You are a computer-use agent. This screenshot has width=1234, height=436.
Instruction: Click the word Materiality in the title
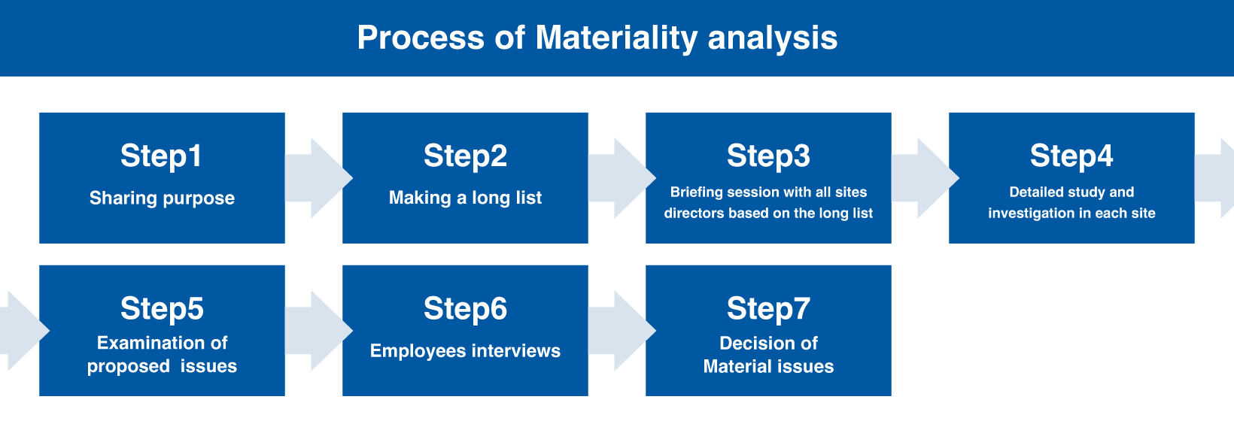(617, 38)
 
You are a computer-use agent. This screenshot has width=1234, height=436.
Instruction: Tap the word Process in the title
(421, 38)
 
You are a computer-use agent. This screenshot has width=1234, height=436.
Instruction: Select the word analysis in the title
(772, 38)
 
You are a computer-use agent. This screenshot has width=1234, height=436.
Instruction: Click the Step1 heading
(161, 156)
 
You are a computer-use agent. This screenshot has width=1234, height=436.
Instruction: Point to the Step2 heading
(465, 156)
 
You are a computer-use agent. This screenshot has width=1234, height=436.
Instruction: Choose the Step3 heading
(768, 156)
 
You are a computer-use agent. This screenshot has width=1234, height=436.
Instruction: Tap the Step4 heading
(1071, 156)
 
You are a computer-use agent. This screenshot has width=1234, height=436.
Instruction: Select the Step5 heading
(162, 308)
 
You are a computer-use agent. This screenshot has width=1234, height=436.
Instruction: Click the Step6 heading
(465, 308)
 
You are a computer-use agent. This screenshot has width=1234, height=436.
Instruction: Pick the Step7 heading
(768, 308)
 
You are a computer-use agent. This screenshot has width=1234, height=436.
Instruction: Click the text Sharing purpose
(162, 198)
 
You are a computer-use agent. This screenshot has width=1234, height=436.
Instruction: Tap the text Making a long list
(465, 198)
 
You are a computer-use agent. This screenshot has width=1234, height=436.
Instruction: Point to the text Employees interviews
(465, 350)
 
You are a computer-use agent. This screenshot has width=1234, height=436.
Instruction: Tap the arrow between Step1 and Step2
(318, 178)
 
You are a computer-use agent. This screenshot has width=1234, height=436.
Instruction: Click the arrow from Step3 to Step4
(925, 178)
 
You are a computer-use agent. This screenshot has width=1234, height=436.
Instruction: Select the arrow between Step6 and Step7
(622, 330)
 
